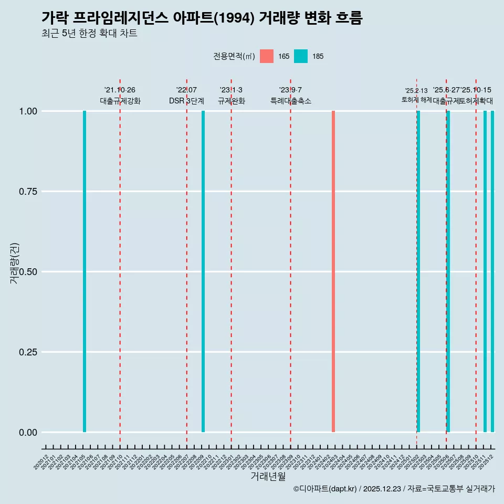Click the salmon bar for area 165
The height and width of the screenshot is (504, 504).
point(333,271)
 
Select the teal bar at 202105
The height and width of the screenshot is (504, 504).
point(85,271)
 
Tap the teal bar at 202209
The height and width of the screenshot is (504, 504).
point(203,271)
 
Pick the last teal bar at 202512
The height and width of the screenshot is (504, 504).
point(492,271)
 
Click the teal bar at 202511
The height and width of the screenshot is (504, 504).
point(485,271)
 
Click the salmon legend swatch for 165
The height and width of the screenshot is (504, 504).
point(267,56)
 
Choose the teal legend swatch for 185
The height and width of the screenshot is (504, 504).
point(301,56)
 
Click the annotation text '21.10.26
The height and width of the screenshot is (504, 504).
point(120,90)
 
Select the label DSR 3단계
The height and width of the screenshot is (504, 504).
point(186,101)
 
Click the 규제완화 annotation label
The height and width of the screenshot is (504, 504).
point(232,101)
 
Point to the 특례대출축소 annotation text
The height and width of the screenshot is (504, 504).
point(291,101)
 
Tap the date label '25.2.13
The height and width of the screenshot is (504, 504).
point(416,91)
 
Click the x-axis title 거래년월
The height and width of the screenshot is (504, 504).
point(268,477)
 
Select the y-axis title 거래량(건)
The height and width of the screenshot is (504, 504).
point(15,264)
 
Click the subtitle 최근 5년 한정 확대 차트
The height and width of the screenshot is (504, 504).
point(89,34)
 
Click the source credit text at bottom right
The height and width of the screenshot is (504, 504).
point(394,489)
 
